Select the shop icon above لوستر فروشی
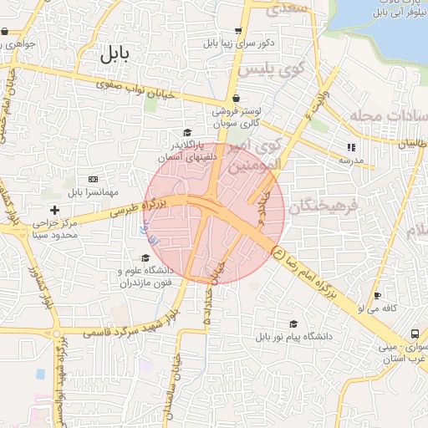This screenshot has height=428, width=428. (x=237, y=98)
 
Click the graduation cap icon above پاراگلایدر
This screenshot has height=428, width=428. (x=187, y=132)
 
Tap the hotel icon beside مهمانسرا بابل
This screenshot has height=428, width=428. (x=93, y=179)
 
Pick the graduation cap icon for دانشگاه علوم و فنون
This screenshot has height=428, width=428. (x=145, y=257)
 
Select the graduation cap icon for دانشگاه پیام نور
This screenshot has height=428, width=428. (x=293, y=324)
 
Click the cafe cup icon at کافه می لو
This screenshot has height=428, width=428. (x=378, y=296)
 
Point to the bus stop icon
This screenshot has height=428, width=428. (x=415, y=334)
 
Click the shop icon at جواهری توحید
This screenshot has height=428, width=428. (x=5, y=32)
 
